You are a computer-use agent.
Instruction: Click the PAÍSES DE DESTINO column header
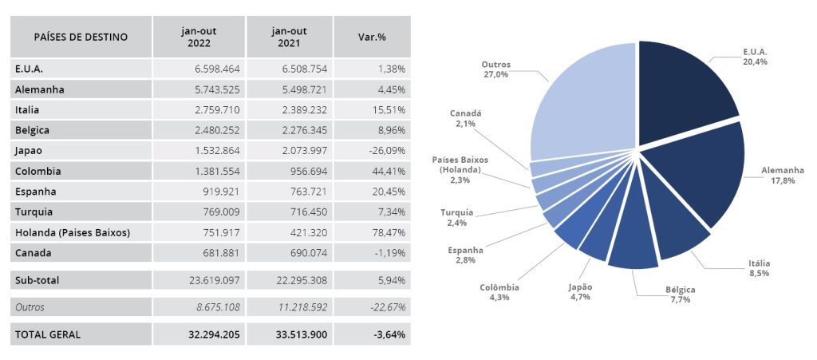(x=81, y=37)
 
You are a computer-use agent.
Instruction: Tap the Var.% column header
(x=371, y=37)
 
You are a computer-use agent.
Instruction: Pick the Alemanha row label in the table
(x=39, y=89)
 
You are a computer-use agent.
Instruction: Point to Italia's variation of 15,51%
(x=389, y=109)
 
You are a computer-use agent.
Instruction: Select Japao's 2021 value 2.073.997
(x=299, y=150)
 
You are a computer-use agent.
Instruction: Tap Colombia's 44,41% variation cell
(x=389, y=171)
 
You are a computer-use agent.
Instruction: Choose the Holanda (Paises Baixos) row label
(x=72, y=232)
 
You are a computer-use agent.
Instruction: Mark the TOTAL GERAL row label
(x=48, y=334)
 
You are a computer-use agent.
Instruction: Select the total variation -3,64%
(x=389, y=334)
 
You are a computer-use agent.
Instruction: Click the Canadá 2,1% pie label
(x=466, y=119)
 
